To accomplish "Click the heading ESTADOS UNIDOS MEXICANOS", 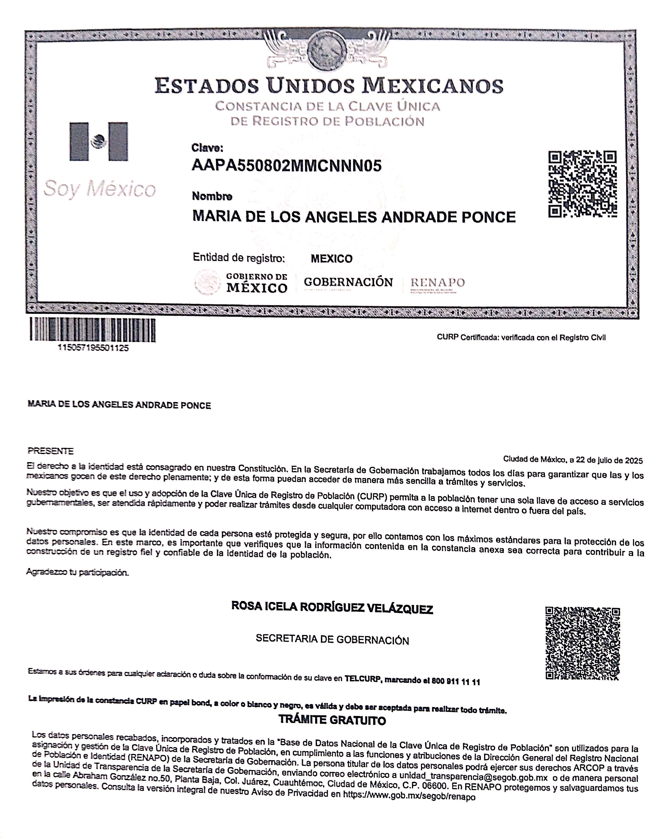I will (x=329, y=85).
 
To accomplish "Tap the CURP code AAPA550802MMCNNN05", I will (x=287, y=166).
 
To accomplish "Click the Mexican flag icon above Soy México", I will (x=98, y=141).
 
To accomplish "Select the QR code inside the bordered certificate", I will (x=582, y=184).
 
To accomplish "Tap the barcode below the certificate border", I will (x=93, y=330).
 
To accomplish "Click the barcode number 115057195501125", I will (x=93, y=348).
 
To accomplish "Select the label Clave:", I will (x=207, y=148).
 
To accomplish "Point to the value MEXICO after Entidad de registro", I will (x=331, y=259).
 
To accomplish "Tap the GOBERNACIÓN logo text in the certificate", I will (x=348, y=282).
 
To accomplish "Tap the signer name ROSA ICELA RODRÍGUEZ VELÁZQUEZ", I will (x=332, y=607).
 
